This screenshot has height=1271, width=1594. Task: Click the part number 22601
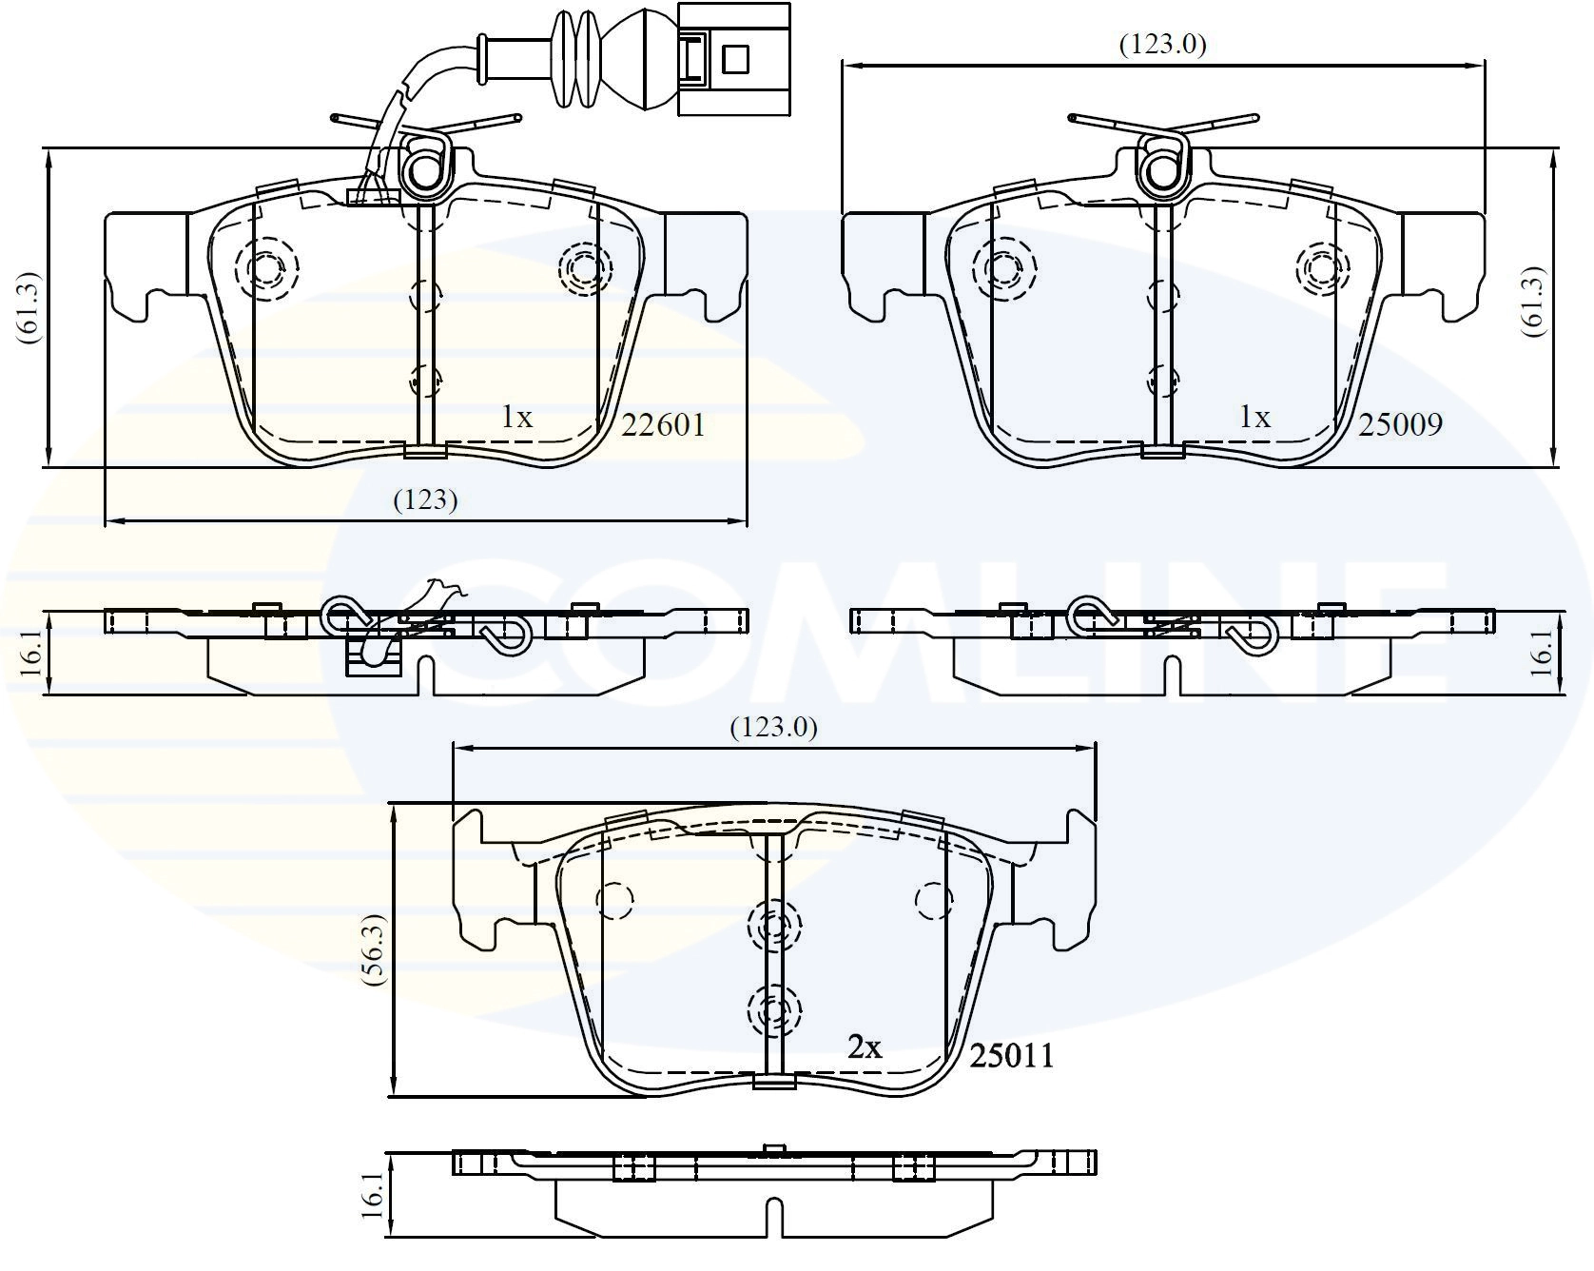pos(663,424)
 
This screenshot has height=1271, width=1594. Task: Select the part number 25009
pos(1400,423)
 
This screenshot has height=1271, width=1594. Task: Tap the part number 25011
pos(1012,1056)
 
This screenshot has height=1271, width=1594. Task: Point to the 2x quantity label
pos(865,1047)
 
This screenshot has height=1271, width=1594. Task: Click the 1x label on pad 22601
pos(517,417)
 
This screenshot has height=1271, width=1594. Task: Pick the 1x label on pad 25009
pos(1254,417)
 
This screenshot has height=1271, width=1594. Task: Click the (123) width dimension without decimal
pos(426,499)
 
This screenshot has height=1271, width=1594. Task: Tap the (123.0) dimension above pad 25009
pos(1162,44)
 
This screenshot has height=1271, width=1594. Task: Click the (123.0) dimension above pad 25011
pos(773,728)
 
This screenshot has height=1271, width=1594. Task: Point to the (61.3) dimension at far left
pos(26,307)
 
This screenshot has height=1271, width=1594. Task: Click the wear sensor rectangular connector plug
pos(733,59)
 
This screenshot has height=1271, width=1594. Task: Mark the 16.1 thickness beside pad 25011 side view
pos(373,1195)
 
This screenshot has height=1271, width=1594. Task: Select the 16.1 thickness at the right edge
pos(1542,651)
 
